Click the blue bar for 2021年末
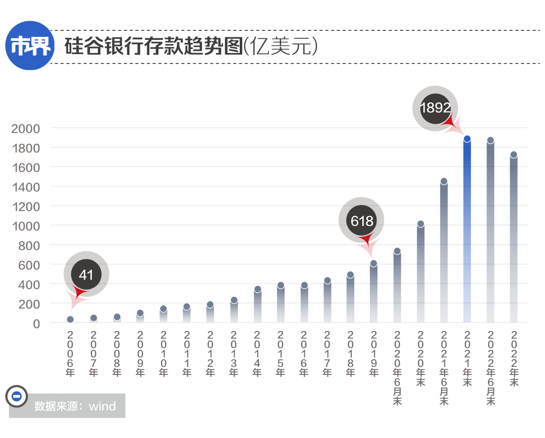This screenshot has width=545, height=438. coord(467,232)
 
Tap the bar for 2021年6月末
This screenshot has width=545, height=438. coord(444,252)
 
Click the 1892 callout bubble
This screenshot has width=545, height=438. coord(435,107)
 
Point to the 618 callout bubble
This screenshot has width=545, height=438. coord(361,221)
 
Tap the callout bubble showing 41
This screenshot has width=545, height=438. coord(86,275)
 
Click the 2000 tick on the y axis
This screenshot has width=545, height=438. coord(25,128)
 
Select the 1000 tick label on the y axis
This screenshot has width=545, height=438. coord(25,226)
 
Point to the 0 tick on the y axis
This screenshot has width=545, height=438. coord(36,323)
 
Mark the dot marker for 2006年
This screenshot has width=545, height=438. coord(70,319)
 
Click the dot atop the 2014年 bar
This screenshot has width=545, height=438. coord(257,290)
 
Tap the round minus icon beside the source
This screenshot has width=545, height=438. coord(16,397)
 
